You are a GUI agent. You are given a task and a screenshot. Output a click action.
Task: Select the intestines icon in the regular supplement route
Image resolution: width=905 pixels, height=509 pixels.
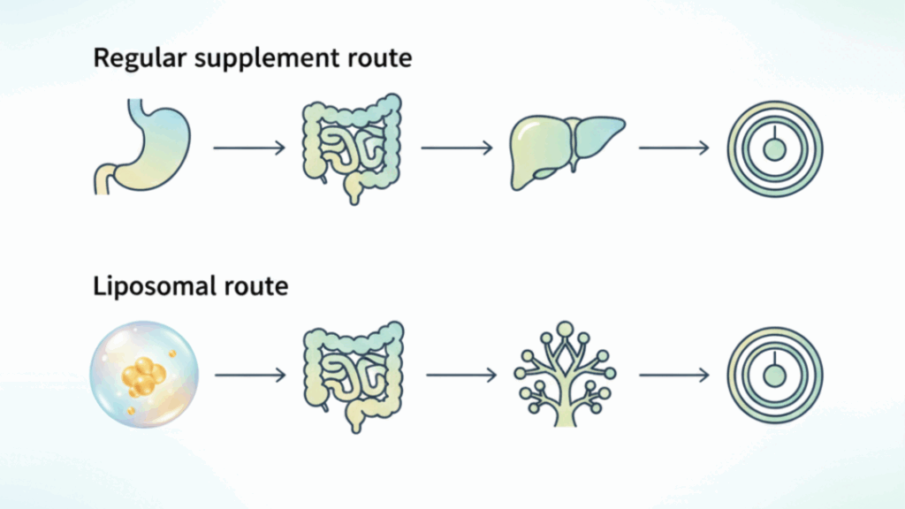[x=352, y=145]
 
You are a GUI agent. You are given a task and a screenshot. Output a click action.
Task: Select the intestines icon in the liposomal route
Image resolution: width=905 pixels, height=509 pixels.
[x=352, y=375]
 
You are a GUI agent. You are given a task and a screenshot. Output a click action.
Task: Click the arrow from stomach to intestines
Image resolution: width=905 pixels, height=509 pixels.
[x=249, y=148]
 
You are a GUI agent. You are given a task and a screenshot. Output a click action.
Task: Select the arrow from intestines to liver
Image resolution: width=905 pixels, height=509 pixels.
[x=457, y=148]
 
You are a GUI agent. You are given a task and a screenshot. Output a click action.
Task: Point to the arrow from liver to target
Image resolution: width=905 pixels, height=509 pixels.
[x=673, y=148]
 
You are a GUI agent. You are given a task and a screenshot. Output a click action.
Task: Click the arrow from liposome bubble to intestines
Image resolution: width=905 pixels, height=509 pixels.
[x=250, y=376]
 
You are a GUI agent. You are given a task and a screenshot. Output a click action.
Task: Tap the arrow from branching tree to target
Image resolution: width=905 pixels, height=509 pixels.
[x=673, y=376]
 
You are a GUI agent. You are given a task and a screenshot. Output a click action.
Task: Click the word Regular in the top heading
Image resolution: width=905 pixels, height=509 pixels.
[x=131, y=59]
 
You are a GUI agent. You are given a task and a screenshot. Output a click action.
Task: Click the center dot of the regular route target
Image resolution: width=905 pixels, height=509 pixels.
[x=774, y=150]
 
